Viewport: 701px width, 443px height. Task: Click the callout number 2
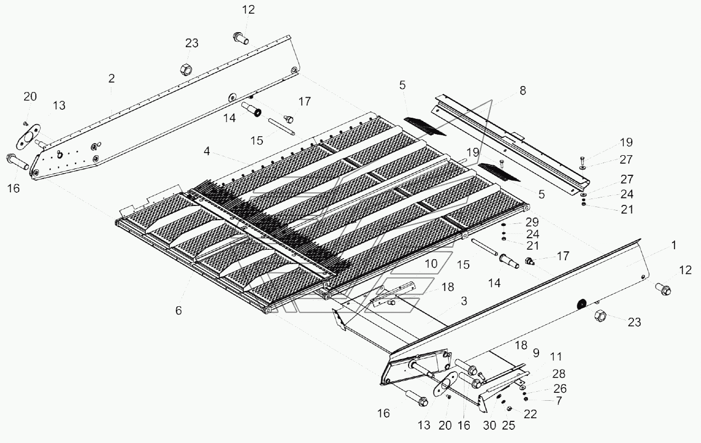pyautogui.click(x=111, y=79)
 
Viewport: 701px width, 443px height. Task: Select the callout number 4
pyautogui.click(x=207, y=152)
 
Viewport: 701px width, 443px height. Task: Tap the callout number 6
pyautogui.click(x=178, y=310)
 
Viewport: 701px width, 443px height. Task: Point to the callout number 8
pyautogui.click(x=523, y=90)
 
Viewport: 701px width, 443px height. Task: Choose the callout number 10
pyautogui.click(x=431, y=262)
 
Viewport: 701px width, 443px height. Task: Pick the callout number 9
pyautogui.click(x=536, y=353)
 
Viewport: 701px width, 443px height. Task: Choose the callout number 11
pyautogui.click(x=556, y=357)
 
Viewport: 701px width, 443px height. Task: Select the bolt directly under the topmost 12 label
pyautogui.click(x=240, y=38)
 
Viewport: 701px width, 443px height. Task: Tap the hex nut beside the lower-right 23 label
pyautogui.click(x=601, y=316)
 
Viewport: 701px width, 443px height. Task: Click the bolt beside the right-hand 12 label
pyautogui.click(x=662, y=288)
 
